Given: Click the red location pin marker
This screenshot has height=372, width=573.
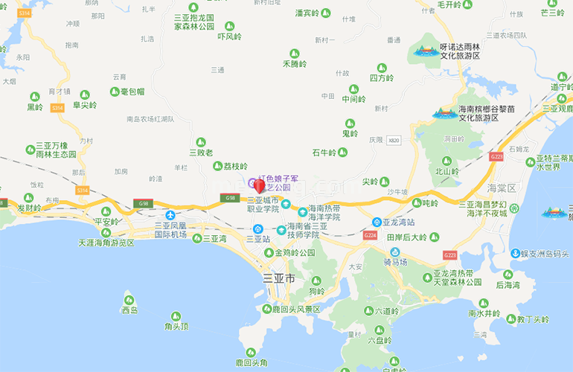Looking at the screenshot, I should pyautogui.click(x=259, y=185).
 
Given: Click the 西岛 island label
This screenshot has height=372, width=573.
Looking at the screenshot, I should pyautogui.click(x=130, y=310).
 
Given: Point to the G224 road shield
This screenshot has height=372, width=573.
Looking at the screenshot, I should pyautogui.click(x=370, y=235).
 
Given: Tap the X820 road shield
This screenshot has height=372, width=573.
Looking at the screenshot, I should pyautogui.click(x=394, y=140).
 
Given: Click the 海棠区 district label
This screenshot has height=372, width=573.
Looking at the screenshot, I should pyautogui.click(x=501, y=187).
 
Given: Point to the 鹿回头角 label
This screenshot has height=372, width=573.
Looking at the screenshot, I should pyautogui.click(x=251, y=362).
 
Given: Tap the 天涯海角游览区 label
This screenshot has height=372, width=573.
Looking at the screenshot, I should pyautogui.click(x=106, y=243).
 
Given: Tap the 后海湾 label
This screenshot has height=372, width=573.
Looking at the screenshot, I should pyautogui.click(x=508, y=285).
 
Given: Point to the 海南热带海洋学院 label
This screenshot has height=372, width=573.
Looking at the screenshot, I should pyautogui.click(x=324, y=213).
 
